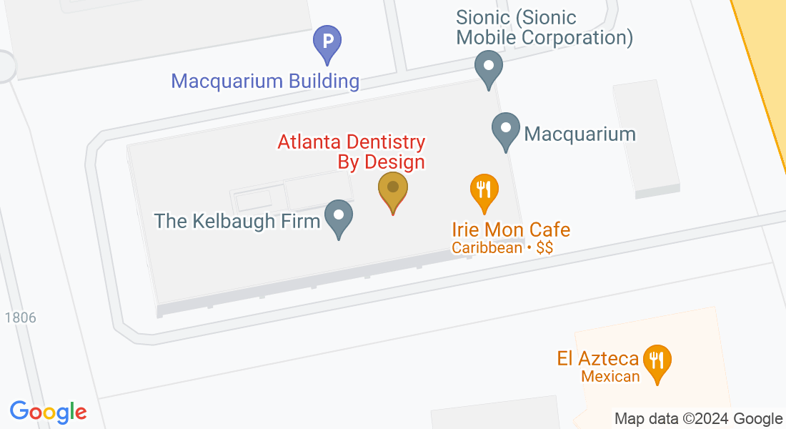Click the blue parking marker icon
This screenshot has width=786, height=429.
[x=328, y=42]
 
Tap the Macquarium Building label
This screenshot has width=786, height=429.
[x=265, y=81]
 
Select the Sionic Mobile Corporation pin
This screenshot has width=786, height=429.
[x=489, y=68]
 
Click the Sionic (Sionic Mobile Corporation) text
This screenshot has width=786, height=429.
[x=544, y=27]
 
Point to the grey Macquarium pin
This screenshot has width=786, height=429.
[x=507, y=131]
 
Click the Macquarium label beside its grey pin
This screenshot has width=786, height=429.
[x=579, y=134]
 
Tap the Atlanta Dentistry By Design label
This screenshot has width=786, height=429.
[x=352, y=152]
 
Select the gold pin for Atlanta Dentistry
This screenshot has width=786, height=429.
[x=392, y=189]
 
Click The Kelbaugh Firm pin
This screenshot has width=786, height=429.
[x=339, y=217]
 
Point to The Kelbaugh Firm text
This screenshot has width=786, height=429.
[x=237, y=221]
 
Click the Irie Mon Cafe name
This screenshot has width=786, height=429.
[x=511, y=230]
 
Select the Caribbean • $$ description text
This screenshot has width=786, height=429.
[x=503, y=248]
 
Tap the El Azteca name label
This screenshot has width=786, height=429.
[x=598, y=357]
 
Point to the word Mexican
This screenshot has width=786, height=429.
[x=610, y=376]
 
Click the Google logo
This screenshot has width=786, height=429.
[x=49, y=412]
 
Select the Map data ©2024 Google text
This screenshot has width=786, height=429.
[x=699, y=419]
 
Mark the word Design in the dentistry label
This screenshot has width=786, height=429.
[x=395, y=162]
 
